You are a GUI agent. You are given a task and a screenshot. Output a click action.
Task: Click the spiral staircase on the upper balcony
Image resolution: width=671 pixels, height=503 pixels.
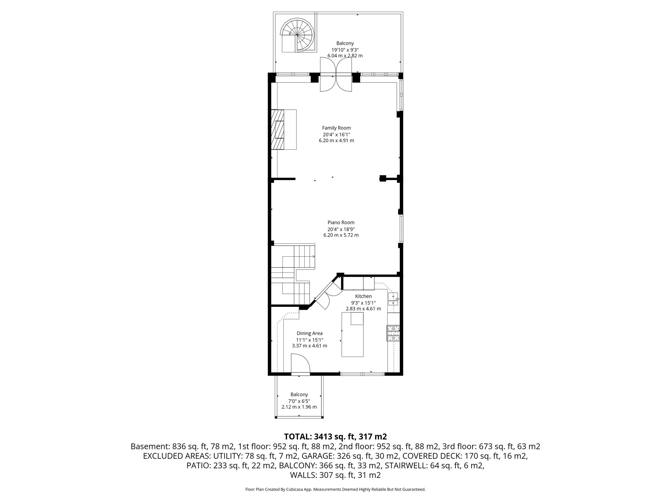(x=297, y=35)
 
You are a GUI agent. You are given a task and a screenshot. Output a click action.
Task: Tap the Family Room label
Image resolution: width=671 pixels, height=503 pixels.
(x=336, y=128)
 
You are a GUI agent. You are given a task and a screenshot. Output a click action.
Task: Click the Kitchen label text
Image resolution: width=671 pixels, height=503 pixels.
(x=363, y=296)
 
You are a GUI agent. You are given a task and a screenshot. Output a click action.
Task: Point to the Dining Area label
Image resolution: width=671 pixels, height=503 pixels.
(x=309, y=333)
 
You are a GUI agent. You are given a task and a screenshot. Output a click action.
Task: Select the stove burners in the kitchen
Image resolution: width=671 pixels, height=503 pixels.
(x=393, y=333)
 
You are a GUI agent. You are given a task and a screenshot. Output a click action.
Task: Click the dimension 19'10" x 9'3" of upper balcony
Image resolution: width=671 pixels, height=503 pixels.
(x=345, y=50)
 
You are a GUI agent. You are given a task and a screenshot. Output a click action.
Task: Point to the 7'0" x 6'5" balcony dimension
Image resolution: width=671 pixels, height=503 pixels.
(x=299, y=401)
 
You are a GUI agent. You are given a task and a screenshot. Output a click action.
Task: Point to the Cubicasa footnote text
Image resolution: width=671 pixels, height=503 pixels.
(x=335, y=489)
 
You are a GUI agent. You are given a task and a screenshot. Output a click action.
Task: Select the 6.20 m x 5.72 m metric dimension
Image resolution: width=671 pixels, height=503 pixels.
(x=341, y=235)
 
